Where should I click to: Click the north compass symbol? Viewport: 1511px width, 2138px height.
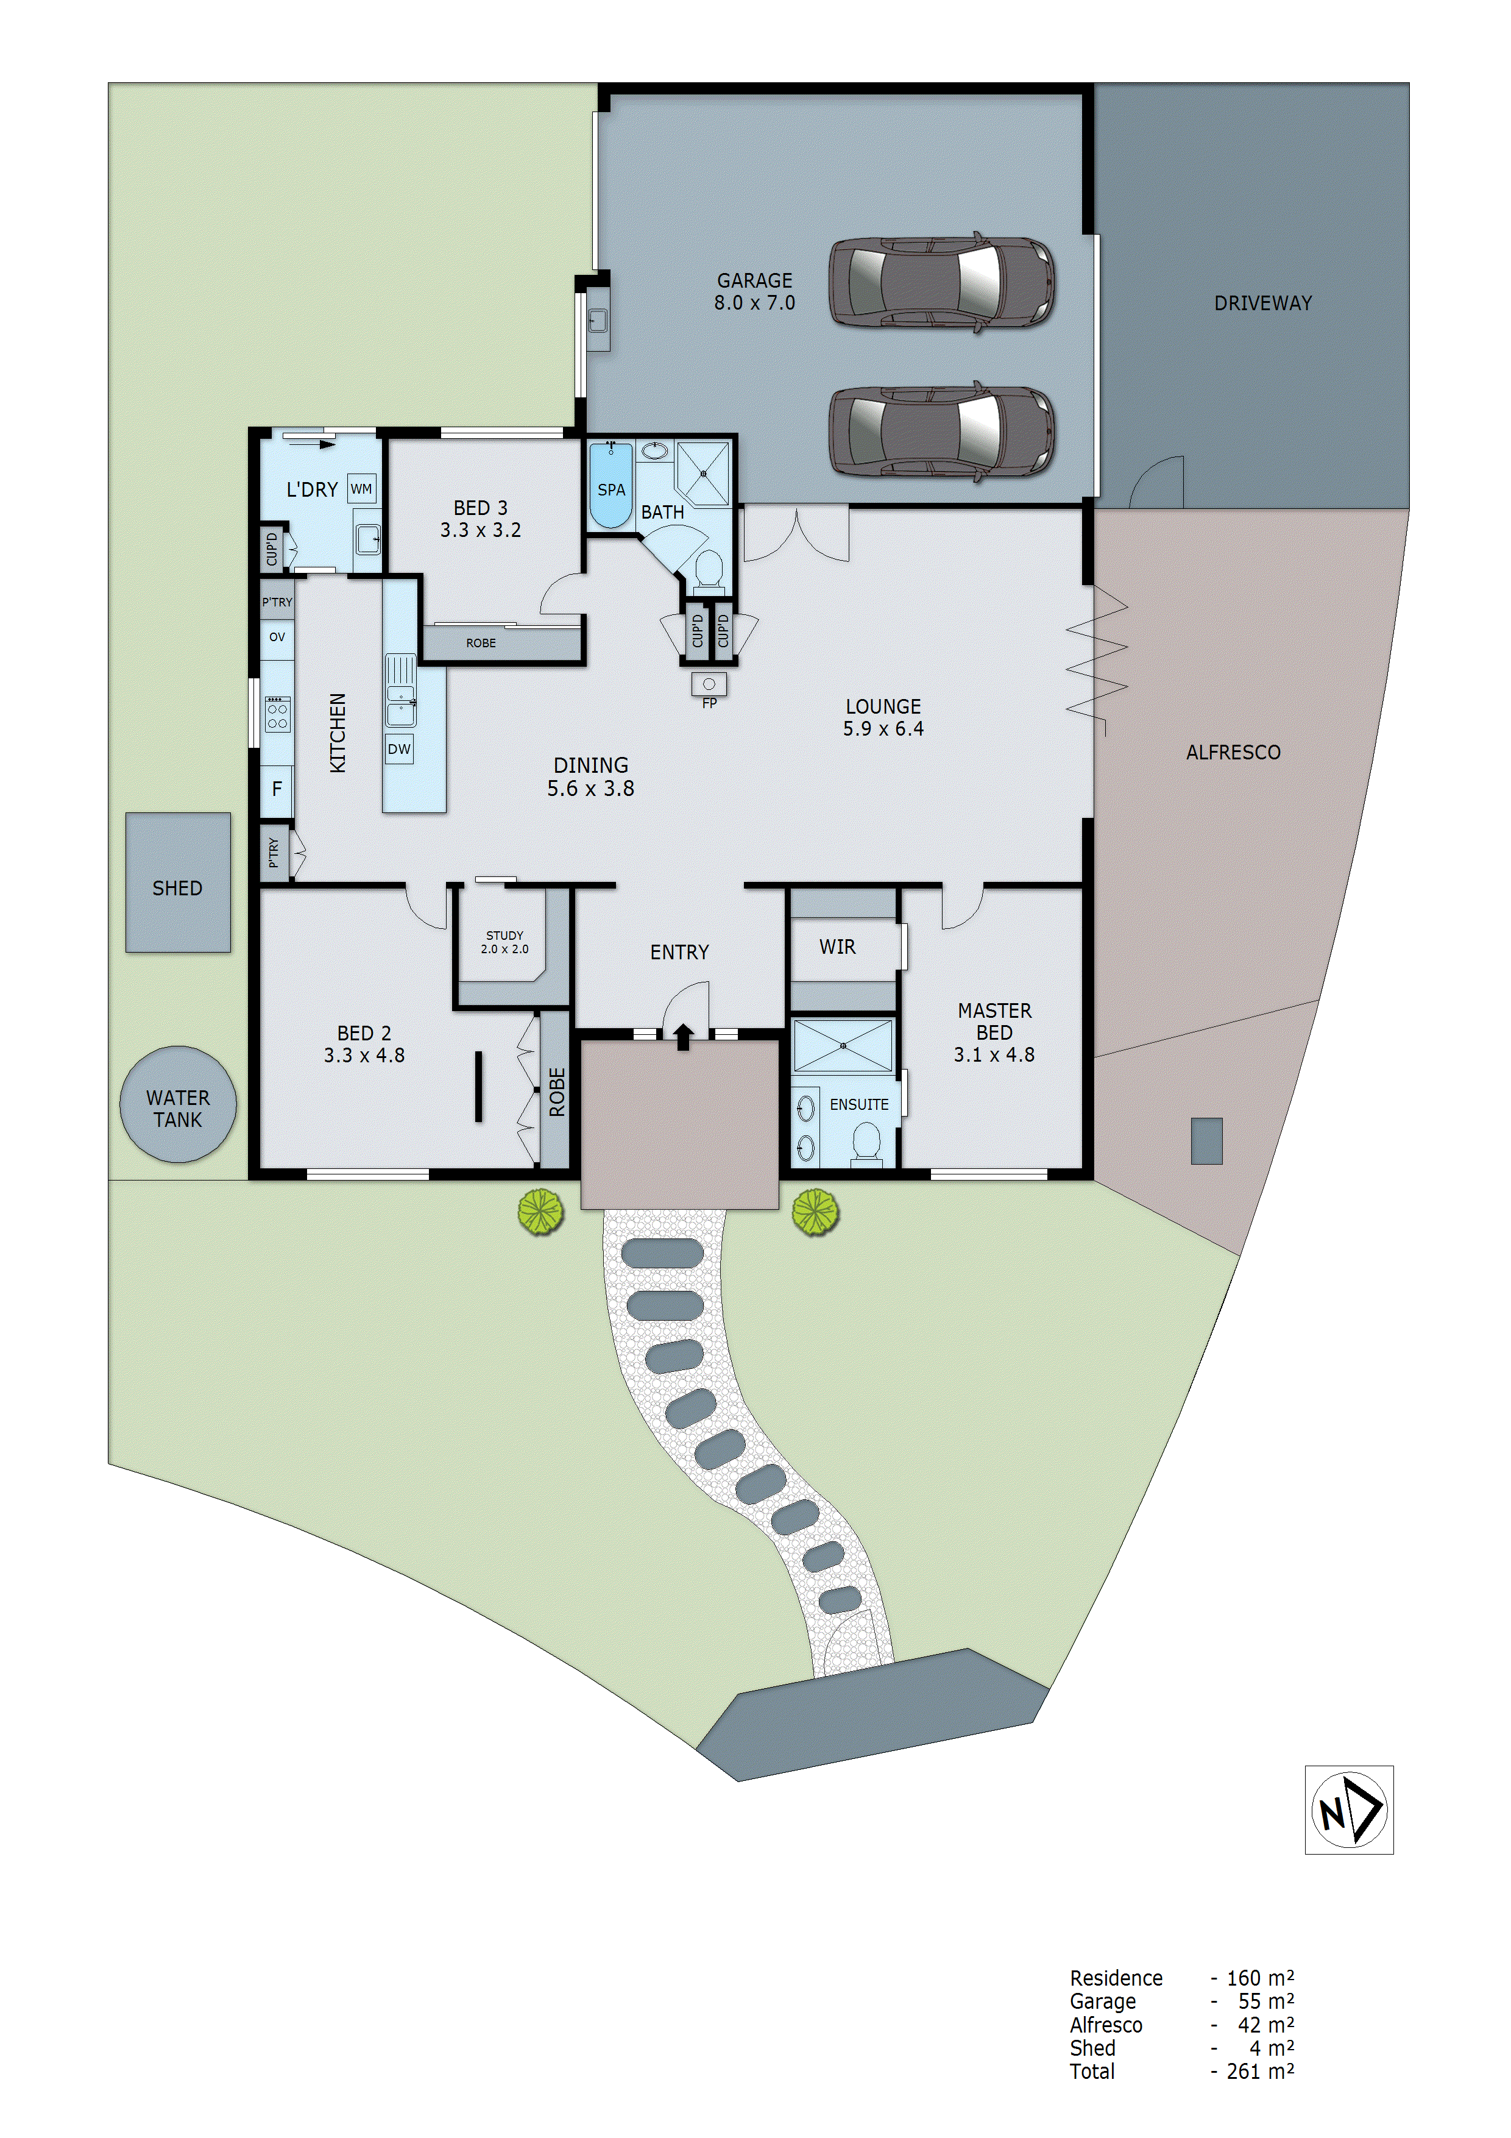[x=1348, y=1809]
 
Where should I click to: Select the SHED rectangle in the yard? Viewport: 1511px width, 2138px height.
[x=178, y=883]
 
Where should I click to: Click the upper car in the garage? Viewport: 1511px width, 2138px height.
[x=941, y=281]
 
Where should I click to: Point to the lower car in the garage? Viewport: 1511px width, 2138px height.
[x=941, y=431]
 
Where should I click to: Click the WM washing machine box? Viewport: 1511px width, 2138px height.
[x=361, y=488]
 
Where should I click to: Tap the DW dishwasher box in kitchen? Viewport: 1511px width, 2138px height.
[x=400, y=748]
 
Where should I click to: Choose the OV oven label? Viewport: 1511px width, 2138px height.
[x=277, y=637]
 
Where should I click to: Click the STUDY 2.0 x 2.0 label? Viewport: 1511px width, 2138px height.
[x=504, y=942]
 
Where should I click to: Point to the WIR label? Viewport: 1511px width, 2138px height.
[x=837, y=947]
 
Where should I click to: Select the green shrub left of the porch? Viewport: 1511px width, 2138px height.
[x=541, y=1212]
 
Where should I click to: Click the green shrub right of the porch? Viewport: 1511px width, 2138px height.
[x=816, y=1212]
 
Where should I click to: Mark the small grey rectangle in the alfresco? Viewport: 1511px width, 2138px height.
[x=1206, y=1141]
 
